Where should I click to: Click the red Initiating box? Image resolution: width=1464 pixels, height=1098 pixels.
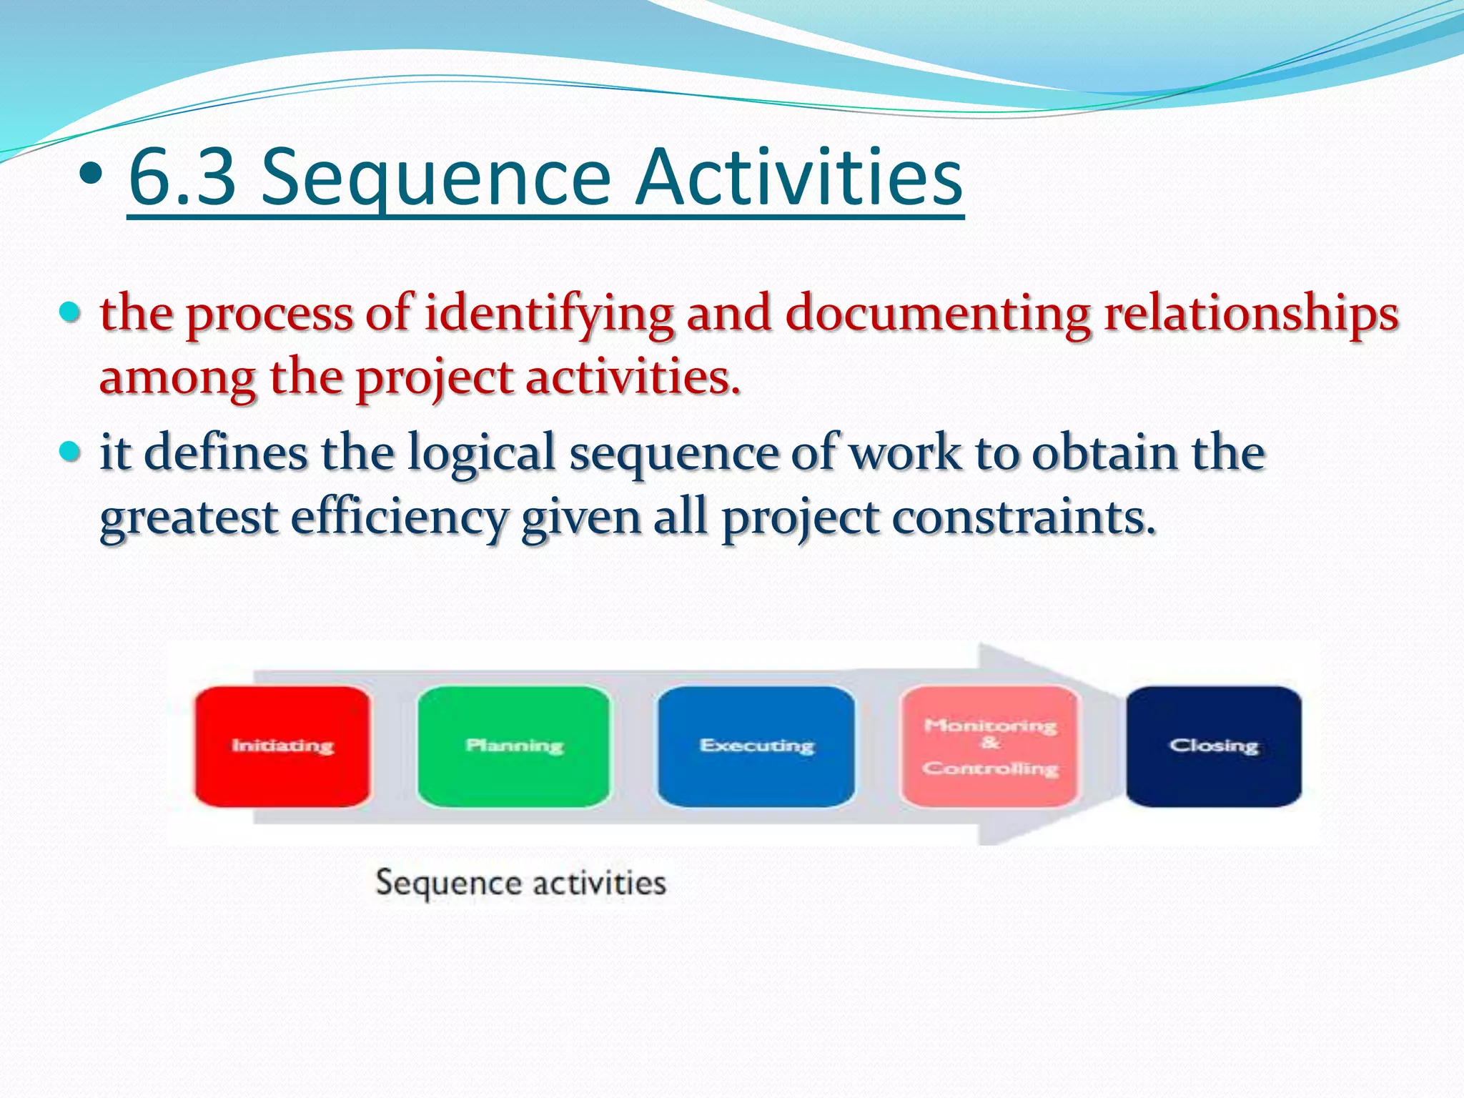click(282, 746)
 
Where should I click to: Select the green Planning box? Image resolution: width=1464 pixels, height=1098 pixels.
click(514, 746)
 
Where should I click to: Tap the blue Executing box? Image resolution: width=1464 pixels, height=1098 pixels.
click(756, 746)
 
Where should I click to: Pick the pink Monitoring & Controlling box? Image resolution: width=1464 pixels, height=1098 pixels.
click(990, 746)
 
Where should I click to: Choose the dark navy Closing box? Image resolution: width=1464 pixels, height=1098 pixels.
click(1213, 746)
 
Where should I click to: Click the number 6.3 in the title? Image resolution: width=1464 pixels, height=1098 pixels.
click(182, 177)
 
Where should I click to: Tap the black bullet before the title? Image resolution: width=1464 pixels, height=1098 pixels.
click(91, 175)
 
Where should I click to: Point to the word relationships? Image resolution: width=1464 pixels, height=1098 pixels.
click(1251, 315)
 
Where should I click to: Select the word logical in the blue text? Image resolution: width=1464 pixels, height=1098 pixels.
click(481, 455)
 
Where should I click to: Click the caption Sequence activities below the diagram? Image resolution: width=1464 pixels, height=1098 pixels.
click(520, 884)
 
